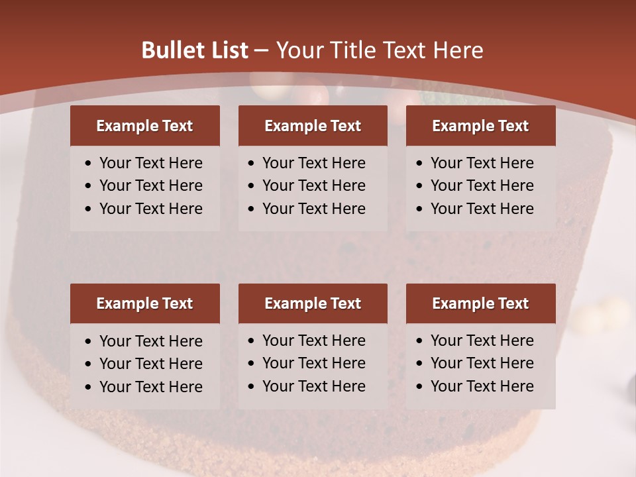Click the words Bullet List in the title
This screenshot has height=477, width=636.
tap(195, 50)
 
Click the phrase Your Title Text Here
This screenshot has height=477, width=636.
tap(379, 50)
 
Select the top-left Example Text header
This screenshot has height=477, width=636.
tap(144, 126)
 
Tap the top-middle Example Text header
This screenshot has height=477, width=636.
tap(313, 126)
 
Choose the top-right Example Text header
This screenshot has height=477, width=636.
tap(480, 126)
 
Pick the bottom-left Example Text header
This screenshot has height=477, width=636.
tap(144, 303)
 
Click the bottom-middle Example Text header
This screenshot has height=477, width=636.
tap(313, 303)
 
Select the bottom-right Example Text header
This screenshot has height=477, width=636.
tap(480, 303)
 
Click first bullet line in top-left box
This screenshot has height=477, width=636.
tap(150, 163)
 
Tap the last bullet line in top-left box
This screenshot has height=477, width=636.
tap(150, 209)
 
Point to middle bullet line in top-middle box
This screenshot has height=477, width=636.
tap(313, 185)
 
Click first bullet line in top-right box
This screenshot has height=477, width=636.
tap(482, 163)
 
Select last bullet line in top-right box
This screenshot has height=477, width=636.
tap(482, 209)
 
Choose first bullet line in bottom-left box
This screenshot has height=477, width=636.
tap(150, 341)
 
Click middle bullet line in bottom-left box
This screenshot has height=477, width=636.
tap(150, 364)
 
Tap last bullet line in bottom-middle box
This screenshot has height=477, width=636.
tap(313, 386)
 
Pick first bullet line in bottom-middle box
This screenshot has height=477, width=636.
tap(313, 341)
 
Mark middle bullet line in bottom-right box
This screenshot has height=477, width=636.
tap(482, 363)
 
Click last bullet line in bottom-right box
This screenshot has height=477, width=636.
tap(482, 386)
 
